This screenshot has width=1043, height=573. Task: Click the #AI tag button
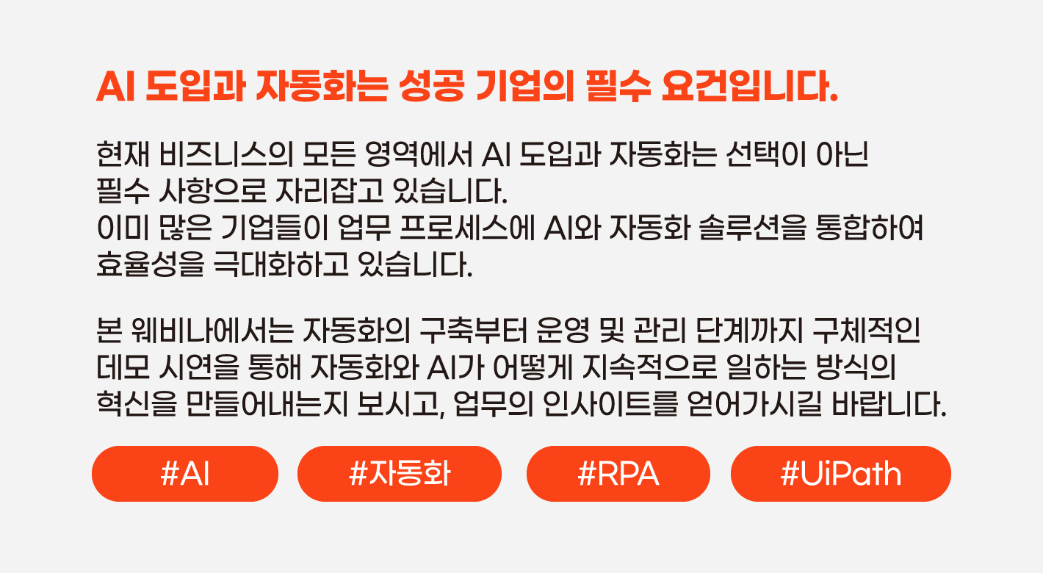pos(185,474)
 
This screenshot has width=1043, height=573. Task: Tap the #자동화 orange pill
pos(400,474)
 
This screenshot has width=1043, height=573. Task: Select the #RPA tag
pos(618,474)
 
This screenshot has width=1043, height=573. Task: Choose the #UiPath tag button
pos(841,474)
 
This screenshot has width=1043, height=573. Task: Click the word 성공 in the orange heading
pos(432,87)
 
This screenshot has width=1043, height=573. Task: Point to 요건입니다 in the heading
pos(750,87)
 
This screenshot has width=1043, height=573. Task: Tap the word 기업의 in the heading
pos(525,87)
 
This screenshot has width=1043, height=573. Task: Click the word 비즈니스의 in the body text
pos(225,154)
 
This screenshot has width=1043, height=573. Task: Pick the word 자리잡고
pos(330,191)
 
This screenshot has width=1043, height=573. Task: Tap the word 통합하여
pos(870,228)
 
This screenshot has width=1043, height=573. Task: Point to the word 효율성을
pos(151,264)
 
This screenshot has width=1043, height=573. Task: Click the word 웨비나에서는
pos(212,331)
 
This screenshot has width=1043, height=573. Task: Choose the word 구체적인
pos(866,331)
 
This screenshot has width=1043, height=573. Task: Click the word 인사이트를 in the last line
pos(610,403)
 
